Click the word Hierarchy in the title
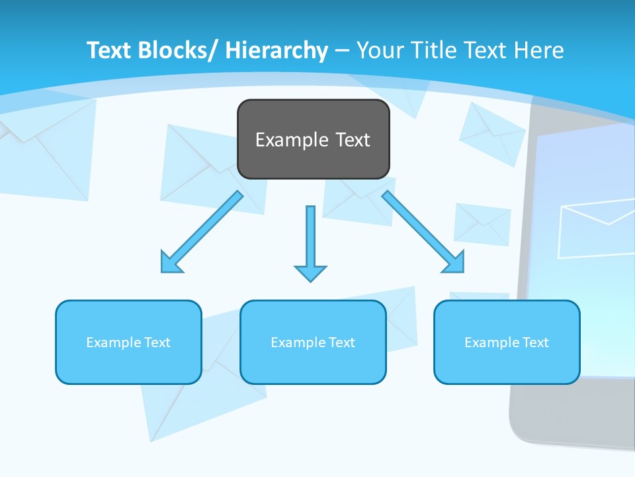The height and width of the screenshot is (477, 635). click(x=276, y=50)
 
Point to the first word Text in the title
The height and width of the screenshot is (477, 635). click(x=110, y=50)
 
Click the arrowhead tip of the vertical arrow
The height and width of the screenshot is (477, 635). click(x=310, y=280)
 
